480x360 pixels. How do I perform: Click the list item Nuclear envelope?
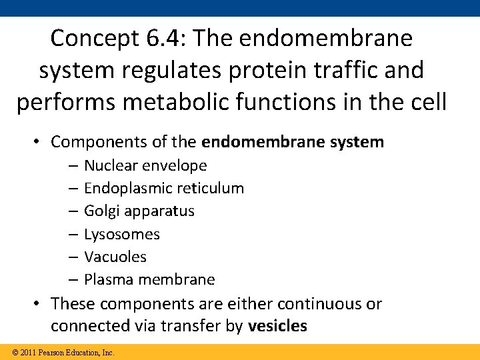pos(145,165)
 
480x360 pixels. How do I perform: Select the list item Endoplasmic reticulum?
pos(164,189)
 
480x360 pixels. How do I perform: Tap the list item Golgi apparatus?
pos(139,211)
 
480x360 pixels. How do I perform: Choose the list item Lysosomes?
pos(122,235)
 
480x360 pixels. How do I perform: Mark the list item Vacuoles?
pos(115,257)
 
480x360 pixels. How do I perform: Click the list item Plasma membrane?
pos(149,280)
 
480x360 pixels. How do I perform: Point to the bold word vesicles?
pos(277,327)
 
